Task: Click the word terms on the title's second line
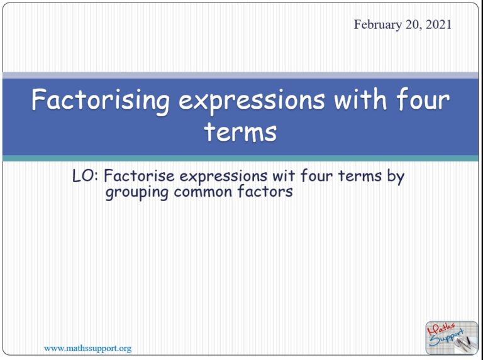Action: tap(240, 132)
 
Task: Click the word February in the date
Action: tap(377, 25)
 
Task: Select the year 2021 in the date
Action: tap(438, 25)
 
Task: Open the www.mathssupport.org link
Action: tap(87, 347)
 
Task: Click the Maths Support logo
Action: tap(452, 337)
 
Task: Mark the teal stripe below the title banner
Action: tap(241, 158)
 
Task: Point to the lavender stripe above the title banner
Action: tap(241, 75)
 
